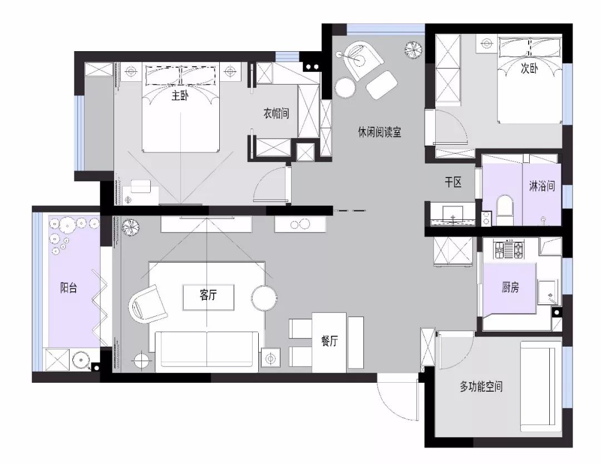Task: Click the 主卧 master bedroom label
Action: click(x=179, y=95)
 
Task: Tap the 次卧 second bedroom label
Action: click(x=529, y=68)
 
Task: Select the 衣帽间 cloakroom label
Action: click(x=276, y=113)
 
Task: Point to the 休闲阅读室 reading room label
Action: click(x=380, y=132)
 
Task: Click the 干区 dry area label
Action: click(x=453, y=182)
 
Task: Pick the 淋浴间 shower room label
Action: click(x=542, y=186)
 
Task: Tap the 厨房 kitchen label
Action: click(x=510, y=287)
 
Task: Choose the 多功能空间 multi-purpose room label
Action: click(x=481, y=387)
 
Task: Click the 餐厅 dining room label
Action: click(x=329, y=340)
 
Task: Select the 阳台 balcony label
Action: click(x=68, y=288)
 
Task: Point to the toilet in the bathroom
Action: click(x=504, y=210)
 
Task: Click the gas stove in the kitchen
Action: click(x=509, y=250)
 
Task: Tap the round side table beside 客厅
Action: click(x=264, y=298)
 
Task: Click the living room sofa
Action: click(x=206, y=352)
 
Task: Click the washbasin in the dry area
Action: click(x=453, y=214)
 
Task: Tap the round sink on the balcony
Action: click(x=81, y=360)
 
